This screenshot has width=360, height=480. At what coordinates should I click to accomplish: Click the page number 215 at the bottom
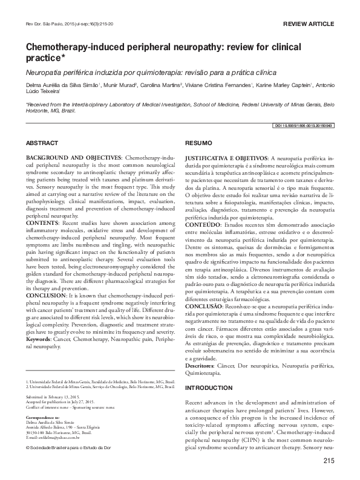click(x=329, y=462)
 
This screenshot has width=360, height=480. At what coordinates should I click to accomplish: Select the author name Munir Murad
click(x=120, y=85)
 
